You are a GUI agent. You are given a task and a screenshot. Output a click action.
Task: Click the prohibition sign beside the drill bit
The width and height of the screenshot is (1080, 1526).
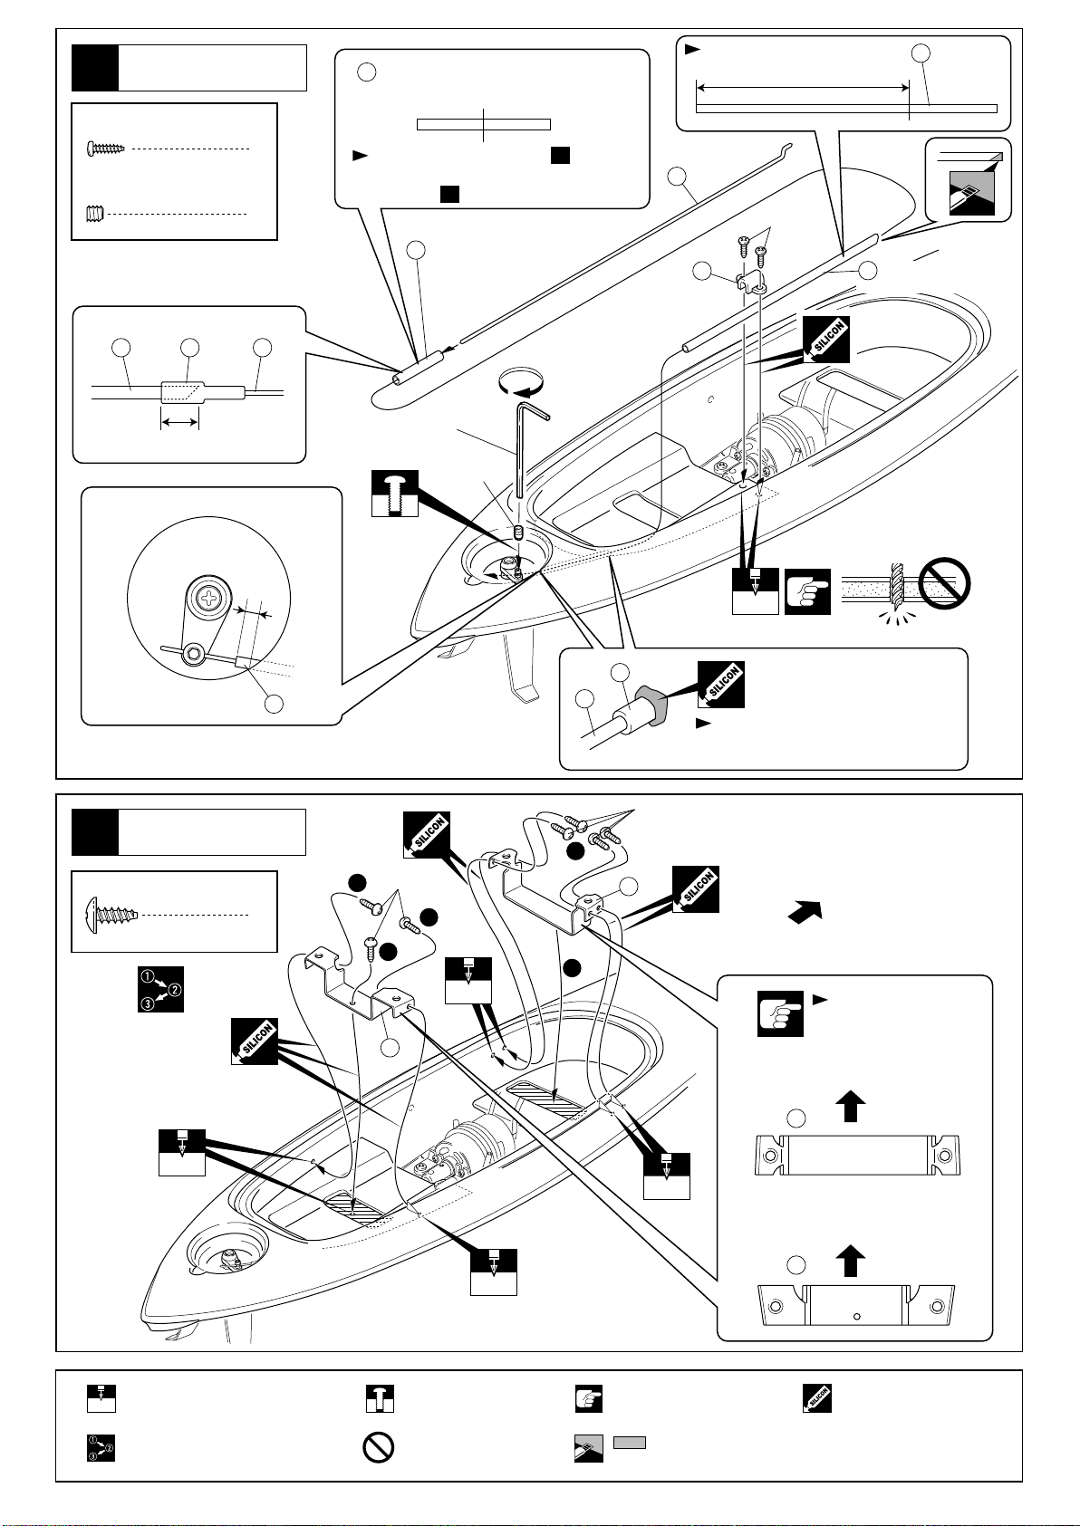tap(944, 584)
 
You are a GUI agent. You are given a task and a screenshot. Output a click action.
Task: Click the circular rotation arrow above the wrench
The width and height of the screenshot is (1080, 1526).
tap(522, 382)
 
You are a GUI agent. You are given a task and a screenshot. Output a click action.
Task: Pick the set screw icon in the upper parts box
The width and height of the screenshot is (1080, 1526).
tap(96, 214)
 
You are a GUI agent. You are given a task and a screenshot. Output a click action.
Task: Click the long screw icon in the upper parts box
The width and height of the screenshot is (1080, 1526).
tap(106, 148)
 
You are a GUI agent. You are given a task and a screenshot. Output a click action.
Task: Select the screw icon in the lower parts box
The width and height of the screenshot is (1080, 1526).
tap(112, 914)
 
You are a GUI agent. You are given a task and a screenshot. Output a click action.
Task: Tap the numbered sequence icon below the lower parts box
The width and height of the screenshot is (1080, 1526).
tap(160, 988)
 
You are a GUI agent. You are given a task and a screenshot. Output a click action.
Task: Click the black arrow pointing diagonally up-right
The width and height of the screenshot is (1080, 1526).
tap(805, 912)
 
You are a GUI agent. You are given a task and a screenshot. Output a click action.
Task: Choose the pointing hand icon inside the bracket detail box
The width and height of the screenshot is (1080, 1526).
tap(780, 1013)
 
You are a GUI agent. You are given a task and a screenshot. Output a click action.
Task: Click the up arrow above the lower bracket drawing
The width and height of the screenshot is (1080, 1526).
tap(851, 1261)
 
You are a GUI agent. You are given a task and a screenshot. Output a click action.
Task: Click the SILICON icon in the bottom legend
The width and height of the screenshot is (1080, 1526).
tap(817, 1398)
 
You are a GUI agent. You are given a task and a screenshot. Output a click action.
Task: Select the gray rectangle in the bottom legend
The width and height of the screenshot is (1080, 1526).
tap(630, 1442)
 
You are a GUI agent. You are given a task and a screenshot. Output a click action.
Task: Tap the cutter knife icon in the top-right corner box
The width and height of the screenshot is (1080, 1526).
tap(971, 193)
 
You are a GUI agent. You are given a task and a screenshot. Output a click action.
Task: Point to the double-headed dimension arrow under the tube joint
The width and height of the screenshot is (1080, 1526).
tap(180, 422)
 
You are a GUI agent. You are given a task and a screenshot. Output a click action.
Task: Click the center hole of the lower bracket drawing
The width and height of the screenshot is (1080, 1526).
tap(857, 1317)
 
